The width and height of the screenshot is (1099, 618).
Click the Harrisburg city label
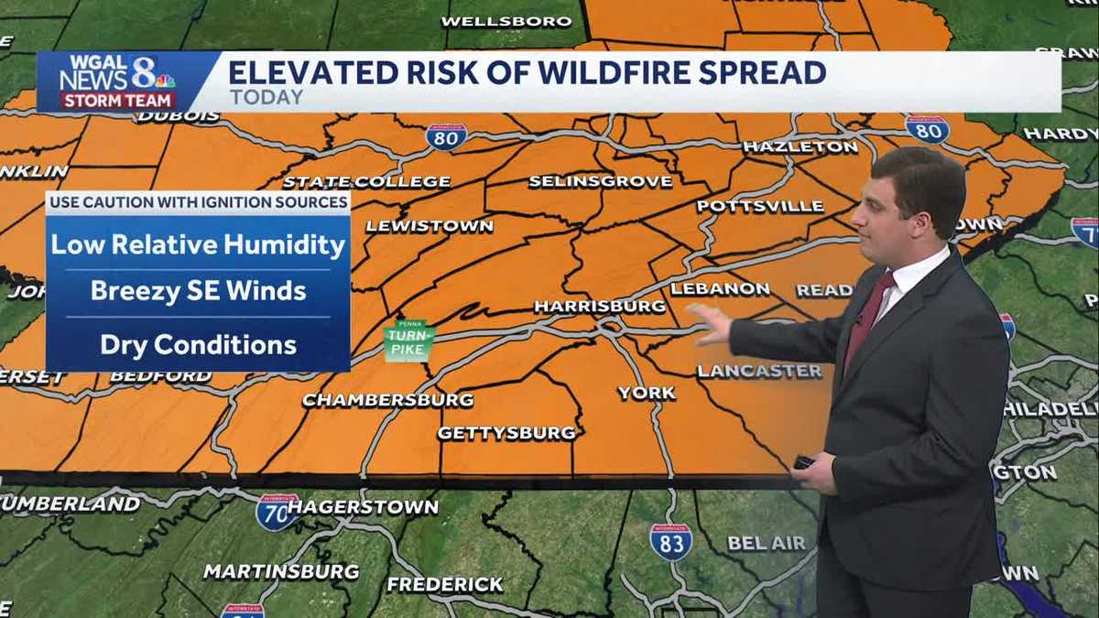(x=600, y=306)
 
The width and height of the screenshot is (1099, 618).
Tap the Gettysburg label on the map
(x=506, y=433)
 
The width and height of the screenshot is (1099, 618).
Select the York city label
(x=647, y=393)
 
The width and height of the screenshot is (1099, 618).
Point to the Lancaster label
(x=760, y=371)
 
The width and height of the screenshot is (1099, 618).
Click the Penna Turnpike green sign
(x=408, y=340)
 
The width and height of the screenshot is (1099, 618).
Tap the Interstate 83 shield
(x=671, y=541)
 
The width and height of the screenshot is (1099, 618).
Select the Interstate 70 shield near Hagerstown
(x=277, y=512)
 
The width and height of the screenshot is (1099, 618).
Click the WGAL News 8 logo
(x=117, y=81)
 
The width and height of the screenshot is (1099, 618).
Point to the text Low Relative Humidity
(x=198, y=245)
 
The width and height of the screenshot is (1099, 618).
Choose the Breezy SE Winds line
(x=198, y=292)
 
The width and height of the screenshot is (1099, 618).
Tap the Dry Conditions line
(x=198, y=345)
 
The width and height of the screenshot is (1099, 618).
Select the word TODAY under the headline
(x=266, y=97)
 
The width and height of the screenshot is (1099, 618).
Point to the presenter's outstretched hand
(x=711, y=321)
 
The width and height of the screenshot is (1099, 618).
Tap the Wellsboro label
(x=506, y=21)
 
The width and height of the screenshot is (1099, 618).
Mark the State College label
(x=366, y=181)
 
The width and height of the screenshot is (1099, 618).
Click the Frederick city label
(x=445, y=584)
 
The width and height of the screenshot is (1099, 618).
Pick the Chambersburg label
(x=387, y=400)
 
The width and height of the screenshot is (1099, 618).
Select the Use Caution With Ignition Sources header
(x=198, y=201)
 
